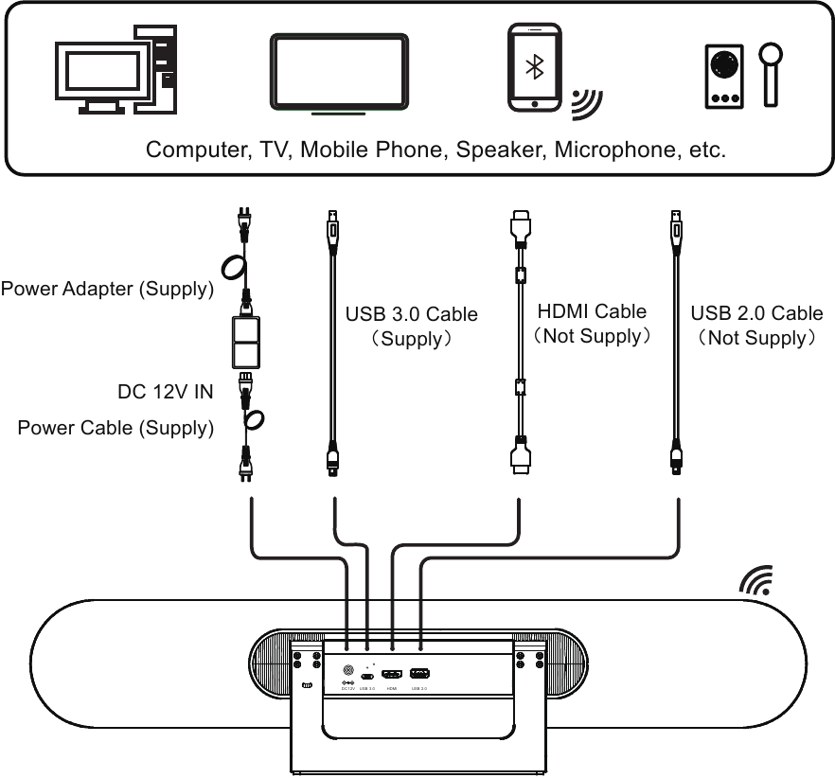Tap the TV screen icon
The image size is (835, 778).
click(x=340, y=74)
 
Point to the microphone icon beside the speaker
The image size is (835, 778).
click(x=774, y=71)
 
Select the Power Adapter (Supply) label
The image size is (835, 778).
click(x=107, y=290)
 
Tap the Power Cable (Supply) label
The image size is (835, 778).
click(x=115, y=428)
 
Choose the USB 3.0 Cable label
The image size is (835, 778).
click(x=411, y=313)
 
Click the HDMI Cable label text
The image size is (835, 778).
click(x=592, y=310)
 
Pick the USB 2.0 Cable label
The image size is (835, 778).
click(x=756, y=313)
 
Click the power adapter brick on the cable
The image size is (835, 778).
click(x=246, y=342)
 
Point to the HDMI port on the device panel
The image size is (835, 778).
click(x=392, y=674)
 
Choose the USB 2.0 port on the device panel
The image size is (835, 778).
click(x=420, y=674)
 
